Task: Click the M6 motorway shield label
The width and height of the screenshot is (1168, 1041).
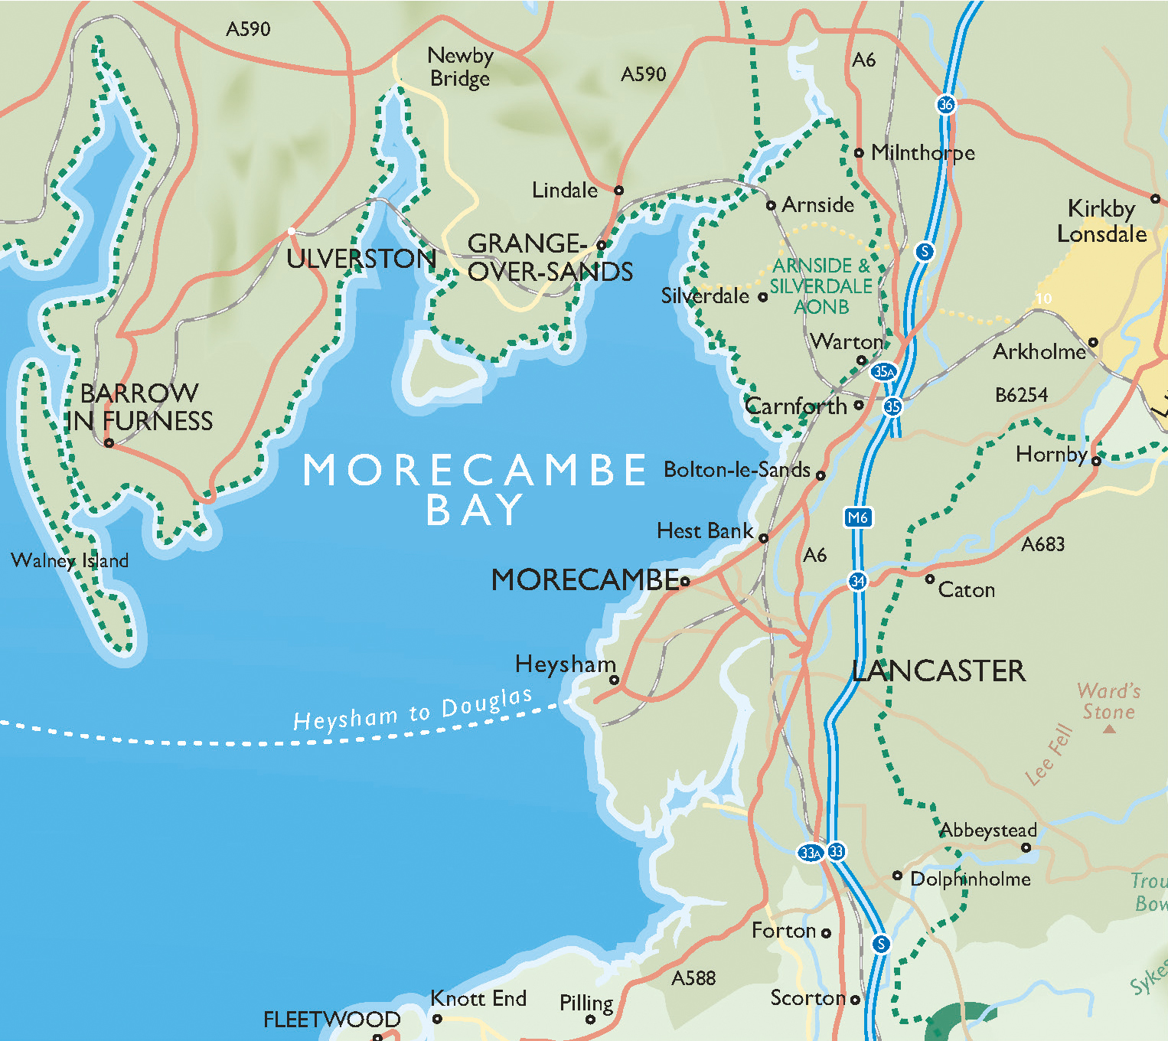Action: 858,517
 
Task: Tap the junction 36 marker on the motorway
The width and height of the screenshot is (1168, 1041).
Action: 946,104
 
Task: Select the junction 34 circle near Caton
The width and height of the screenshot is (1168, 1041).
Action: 857,581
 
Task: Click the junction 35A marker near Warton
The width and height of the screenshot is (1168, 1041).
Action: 883,371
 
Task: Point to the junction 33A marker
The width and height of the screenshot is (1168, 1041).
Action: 811,853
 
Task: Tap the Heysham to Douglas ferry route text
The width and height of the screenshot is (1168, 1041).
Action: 413,710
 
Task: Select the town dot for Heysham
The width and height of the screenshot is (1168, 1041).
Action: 614,680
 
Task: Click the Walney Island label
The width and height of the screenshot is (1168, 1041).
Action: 70,560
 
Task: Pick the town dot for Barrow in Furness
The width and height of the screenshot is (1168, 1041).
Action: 109,443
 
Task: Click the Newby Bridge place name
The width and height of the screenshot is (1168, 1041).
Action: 460,67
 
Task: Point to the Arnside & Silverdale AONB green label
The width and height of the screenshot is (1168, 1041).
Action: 821,286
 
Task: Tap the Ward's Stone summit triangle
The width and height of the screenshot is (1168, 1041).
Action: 1109,729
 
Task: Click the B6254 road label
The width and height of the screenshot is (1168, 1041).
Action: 1021,395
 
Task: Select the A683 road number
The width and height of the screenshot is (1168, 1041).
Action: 1042,544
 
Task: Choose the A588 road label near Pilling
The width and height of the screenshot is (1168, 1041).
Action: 693,978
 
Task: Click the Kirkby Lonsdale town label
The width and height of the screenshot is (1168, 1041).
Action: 1101,221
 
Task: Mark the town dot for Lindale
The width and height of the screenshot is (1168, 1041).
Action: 618,191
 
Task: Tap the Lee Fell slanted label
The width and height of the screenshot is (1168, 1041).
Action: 1049,755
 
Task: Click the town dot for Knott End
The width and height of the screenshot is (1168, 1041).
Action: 437,1019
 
